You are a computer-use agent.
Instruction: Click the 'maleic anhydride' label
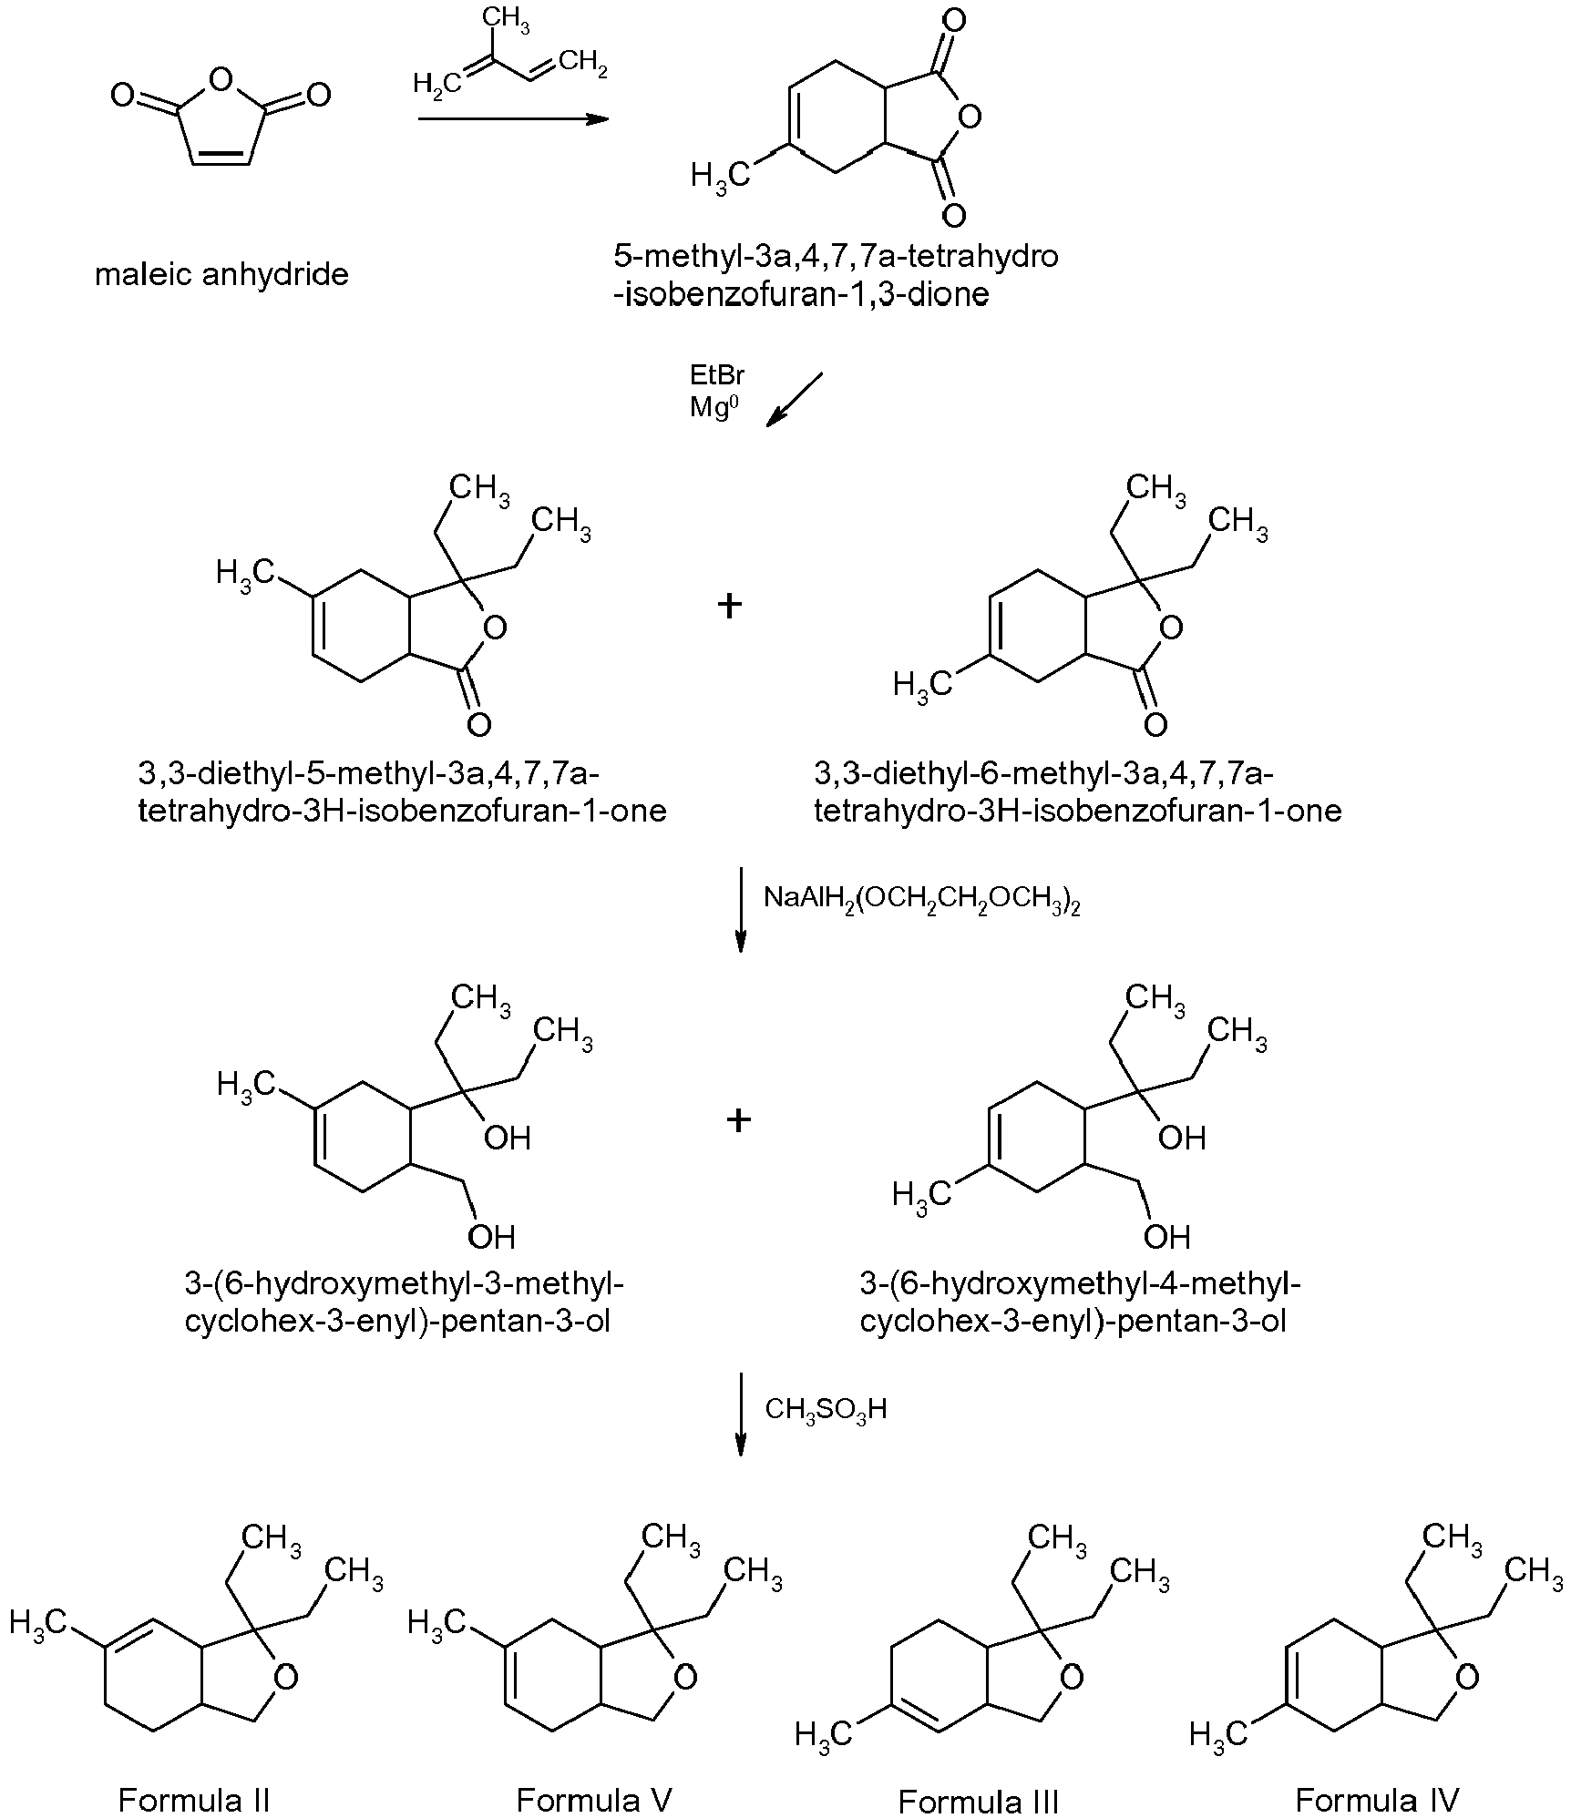[x=221, y=274]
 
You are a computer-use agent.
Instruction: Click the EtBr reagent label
[x=717, y=375]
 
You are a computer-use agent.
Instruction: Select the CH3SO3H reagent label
[x=826, y=1410]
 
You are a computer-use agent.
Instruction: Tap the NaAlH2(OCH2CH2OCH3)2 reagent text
[x=922, y=899]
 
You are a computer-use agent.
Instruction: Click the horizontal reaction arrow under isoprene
[x=513, y=119]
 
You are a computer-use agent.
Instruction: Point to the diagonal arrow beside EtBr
[x=795, y=398]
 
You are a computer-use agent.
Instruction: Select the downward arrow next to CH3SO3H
[x=741, y=1413]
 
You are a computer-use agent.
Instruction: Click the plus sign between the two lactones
[x=729, y=606]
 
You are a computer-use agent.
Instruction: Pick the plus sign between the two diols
[x=738, y=1120]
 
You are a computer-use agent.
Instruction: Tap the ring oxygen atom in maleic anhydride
[x=221, y=81]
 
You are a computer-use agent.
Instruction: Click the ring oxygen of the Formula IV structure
[x=1466, y=1676]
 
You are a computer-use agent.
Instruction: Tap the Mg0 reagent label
[x=711, y=405]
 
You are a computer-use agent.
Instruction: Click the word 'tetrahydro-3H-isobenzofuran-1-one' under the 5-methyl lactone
[x=402, y=810]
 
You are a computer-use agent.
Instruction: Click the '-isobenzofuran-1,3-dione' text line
[x=801, y=295]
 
